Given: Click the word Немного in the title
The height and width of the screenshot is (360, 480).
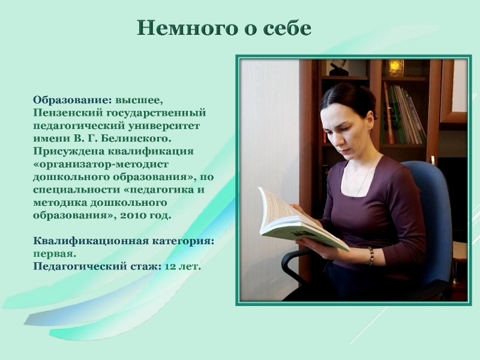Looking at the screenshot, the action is [x=187, y=28].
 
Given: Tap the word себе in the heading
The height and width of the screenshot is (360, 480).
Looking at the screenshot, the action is [x=287, y=28].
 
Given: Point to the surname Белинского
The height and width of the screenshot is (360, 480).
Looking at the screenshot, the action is [x=136, y=139].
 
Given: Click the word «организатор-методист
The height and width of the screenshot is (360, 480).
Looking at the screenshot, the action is [x=101, y=164].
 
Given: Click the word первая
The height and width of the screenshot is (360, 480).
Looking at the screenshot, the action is [x=54, y=254].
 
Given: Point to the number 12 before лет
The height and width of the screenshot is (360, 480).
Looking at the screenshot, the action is [x=170, y=266].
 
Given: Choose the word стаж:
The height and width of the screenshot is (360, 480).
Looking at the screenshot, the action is [x=146, y=266].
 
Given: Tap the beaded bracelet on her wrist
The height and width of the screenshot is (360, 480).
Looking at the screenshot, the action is [x=371, y=256].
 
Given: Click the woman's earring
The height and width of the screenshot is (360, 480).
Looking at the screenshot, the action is [x=371, y=130].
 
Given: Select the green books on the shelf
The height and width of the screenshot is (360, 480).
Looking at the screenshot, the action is [x=403, y=115].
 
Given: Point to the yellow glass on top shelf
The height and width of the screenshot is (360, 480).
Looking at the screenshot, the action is [x=396, y=68].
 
